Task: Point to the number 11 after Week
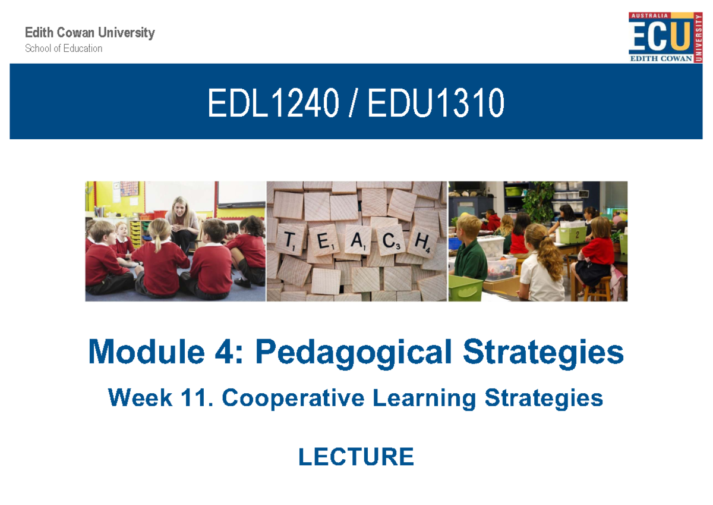[x=198, y=397]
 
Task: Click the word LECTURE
[x=356, y=457]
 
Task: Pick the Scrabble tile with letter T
[x=289, y=241]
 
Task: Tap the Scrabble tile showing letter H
[x=422, y=241]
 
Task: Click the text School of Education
[x=64, y=49]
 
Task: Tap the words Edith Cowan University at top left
[x=90, y=33]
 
